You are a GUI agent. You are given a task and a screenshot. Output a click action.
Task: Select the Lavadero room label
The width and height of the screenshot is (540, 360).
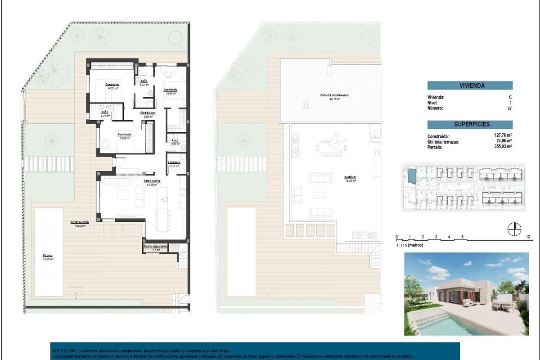174,162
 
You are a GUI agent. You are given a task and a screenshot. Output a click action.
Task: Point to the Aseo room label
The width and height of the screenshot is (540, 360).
175,140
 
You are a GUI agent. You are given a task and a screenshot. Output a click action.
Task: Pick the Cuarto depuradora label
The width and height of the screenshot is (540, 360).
156,247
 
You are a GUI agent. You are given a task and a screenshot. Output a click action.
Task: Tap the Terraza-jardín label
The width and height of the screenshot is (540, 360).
80,222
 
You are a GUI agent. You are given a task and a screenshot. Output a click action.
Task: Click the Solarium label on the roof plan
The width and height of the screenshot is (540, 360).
351,177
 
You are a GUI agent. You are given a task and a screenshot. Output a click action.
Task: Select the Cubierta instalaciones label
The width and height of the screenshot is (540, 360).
334,96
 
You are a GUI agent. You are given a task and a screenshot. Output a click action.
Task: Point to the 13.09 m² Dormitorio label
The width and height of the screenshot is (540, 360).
124,134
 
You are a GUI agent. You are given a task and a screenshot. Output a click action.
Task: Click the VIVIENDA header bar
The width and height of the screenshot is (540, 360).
470,85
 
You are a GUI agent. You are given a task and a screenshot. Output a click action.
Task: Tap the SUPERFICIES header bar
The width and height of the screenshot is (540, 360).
470,124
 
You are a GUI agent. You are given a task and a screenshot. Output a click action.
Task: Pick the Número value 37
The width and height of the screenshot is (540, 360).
509,108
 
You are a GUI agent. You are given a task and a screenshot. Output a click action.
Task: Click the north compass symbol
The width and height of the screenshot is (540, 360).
513,229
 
